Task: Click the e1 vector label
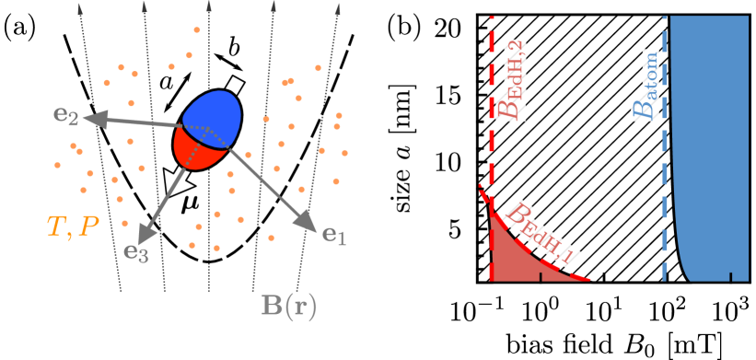click(334, 235)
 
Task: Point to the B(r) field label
click(289, 307)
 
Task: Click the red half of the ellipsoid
click(198, 147)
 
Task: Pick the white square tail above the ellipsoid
click(236, 86)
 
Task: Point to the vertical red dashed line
click(492, 138)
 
